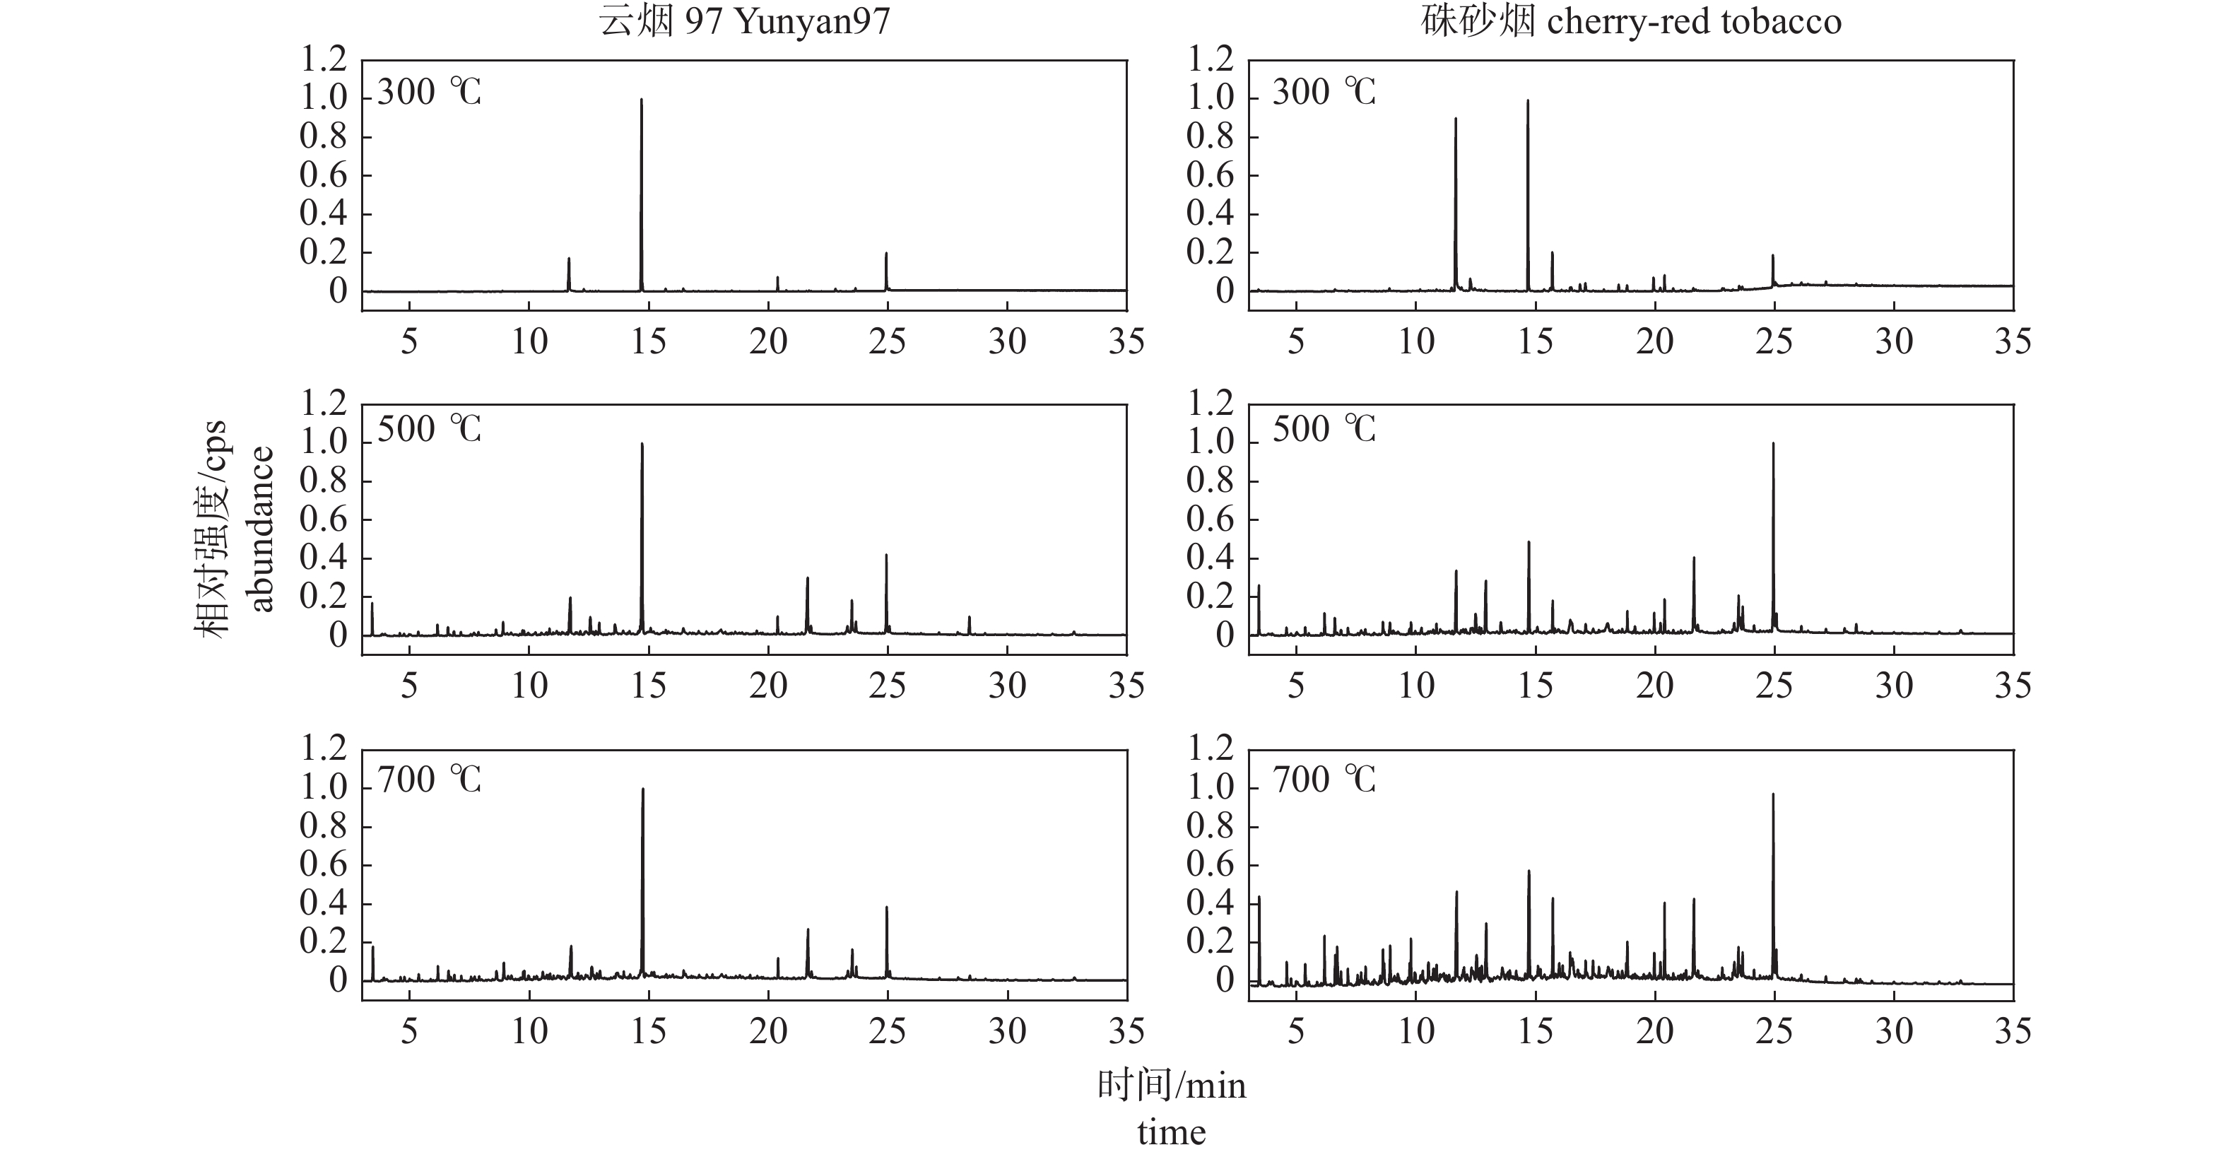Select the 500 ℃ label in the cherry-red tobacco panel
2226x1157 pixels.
pos(1324,428)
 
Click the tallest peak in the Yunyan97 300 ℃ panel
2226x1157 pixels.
pos(641,100)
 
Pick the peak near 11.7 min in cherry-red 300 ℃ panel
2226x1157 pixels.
pos(1455,119)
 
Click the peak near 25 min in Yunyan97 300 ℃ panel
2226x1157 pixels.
pos(885,254)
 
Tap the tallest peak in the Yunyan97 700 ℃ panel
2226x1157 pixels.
pos(643,789)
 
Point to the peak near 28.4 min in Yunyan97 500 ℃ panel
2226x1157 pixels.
pos(970,618)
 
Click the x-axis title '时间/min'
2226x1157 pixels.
pos(1172,1086)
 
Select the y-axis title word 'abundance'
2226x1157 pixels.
pos(260,529)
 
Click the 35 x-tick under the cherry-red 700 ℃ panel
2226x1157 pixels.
pos(2013,1031)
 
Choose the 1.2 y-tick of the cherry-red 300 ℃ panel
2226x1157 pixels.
pos(1210,59)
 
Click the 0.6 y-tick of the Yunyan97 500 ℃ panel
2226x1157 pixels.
pos(323,519)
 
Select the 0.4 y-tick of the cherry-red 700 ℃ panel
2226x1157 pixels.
pos(1210,903)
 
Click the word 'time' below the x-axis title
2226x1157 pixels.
pos(1172,1132)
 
